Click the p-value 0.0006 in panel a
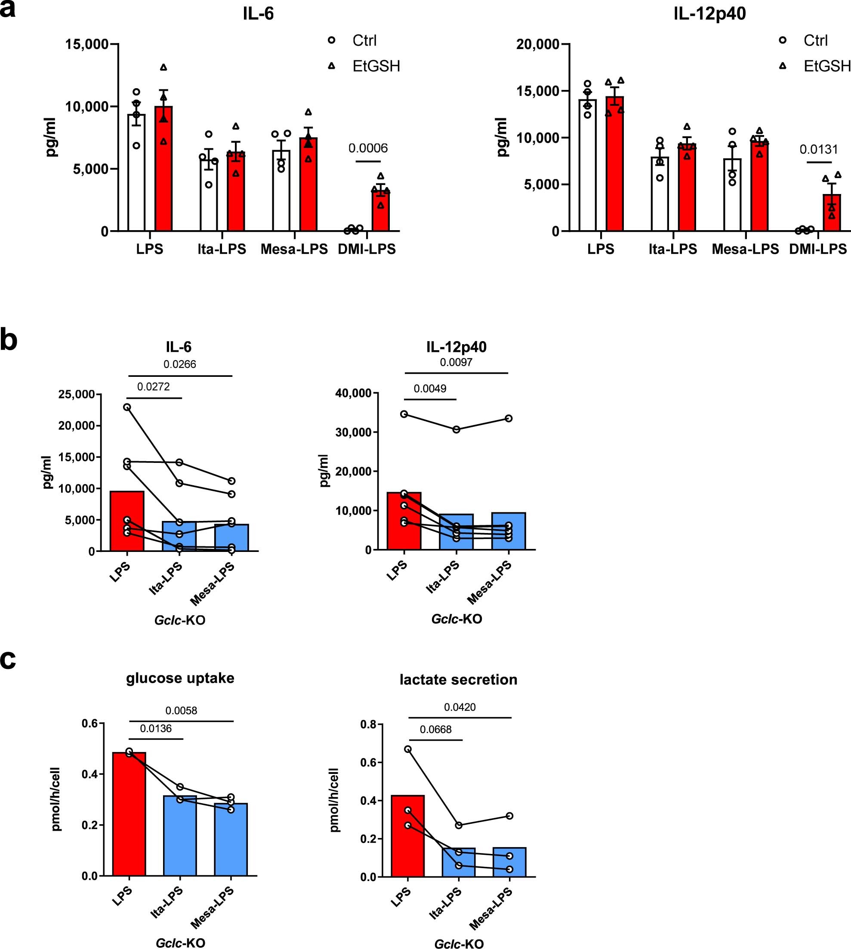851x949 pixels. click(368, 148)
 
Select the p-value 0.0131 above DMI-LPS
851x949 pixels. click(819, 149)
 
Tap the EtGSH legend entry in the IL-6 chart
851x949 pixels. click(376, 66)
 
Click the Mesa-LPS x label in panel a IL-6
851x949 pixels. click(294, 249)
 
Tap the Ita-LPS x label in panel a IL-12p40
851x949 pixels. click(672, 249)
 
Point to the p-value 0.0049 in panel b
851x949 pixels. click(430, 388)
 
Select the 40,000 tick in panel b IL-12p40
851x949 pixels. click(353, 393)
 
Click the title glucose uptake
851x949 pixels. click(180, 678)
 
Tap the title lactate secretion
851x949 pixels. click(458, 679)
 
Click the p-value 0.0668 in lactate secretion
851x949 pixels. click(435, 729)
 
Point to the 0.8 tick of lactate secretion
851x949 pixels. click(368, 724)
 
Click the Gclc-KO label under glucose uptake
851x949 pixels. click(181, 943)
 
